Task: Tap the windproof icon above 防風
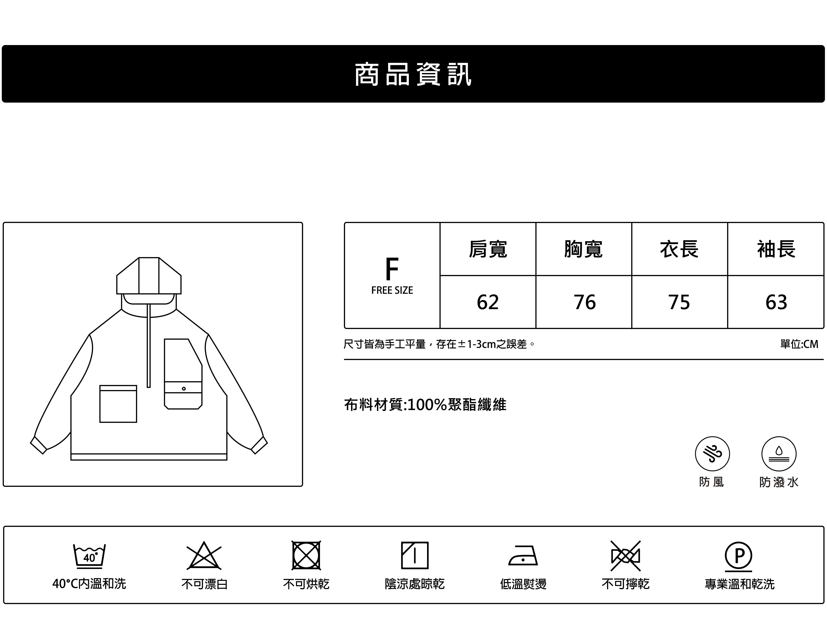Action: point(712,454)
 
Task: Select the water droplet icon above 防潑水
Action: point(779,454)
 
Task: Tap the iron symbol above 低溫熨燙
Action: point(523,556)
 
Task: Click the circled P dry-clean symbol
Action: point(738,556)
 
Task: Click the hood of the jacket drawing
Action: point(149,276)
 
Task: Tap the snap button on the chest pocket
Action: point(184,388)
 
